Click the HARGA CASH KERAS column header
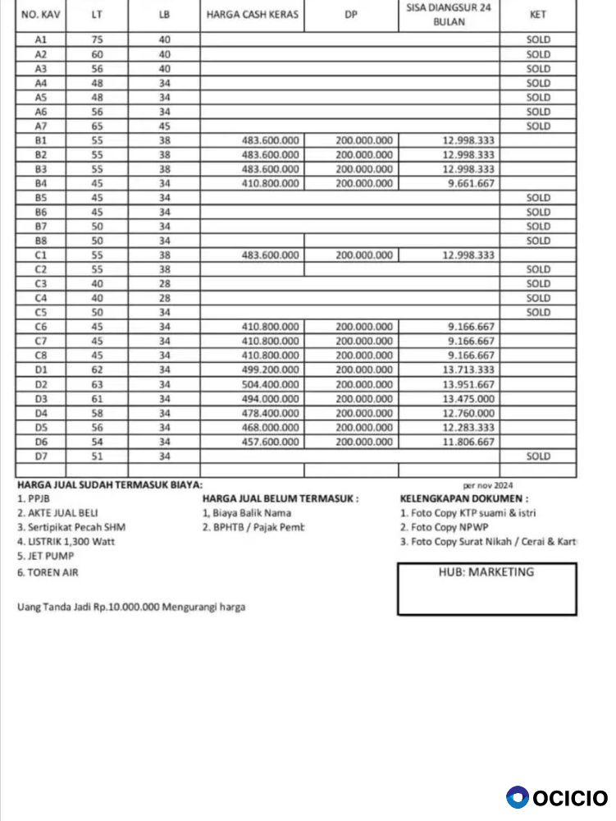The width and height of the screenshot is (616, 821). [x=253, y=15]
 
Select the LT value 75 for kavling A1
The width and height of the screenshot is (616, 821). [x=98, y=39]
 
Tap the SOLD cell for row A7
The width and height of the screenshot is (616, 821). [x=538, y=126]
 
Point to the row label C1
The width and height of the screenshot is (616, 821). [x=41, y=255]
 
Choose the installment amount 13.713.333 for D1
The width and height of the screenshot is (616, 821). [x=468, y=369]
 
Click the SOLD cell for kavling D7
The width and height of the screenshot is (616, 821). [x=538, y=456]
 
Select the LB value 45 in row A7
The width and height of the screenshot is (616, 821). [x=164, y=126]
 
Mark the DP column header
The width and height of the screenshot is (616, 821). [x=351, y=15]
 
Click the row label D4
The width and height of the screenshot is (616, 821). [x=41, y=413]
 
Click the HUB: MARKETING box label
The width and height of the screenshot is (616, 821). [x=486, y=572]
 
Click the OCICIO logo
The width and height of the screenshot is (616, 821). [x=558, y=797]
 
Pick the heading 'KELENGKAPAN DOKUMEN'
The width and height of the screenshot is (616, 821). [x=463, y=498]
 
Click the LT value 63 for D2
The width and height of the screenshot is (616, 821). [x=98, y=384]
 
